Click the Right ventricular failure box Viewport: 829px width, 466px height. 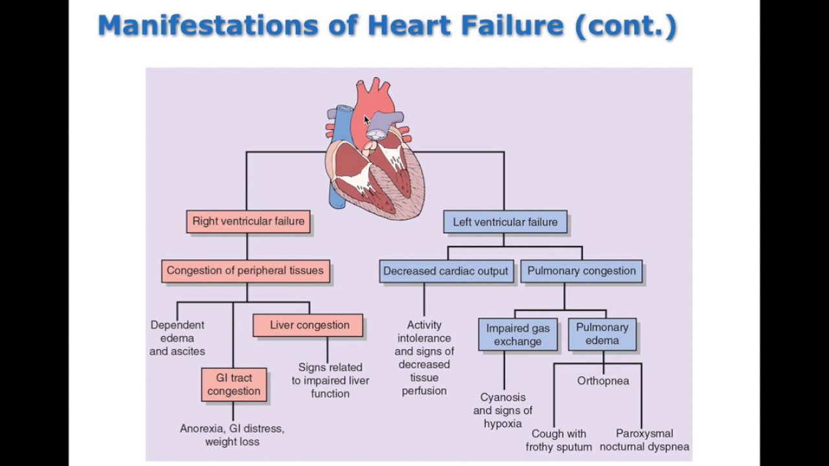pyautogui.click(x=248, y=221)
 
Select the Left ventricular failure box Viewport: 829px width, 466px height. pyautogui.click(x=505, y=222)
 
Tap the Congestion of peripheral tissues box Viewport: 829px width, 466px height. pyautogui.click(x=245, y=271)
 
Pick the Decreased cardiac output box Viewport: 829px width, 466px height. pyautogui.click(x=446, y=271)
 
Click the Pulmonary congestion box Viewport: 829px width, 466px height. pyautogui.click(x=582, y=271)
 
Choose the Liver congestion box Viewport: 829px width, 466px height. pyautogui.click(x=309, y=325)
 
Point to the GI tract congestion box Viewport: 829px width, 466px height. pyautogui.click(x=234, y=384)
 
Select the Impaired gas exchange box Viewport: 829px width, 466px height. pyautogui.click(x=517, y=335)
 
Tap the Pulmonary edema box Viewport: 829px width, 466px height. pyautogui.click(x=602, y=334)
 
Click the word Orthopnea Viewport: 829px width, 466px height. pyautogui.click(x=603, y=381)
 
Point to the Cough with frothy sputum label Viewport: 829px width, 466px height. pyautogui.click(x=559, y=440)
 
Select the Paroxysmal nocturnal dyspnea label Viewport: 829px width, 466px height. pyautogui.click(x=644, y=440)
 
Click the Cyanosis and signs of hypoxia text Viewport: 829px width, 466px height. pyautogui.click(x=503, y=410)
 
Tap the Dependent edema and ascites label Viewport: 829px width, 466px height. pyautogui.click(x=177, y=338)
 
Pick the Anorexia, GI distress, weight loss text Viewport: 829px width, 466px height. pyautogui.click(x=232, y=435)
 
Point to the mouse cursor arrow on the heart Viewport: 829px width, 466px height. pyautogui.click(x=367, y=120)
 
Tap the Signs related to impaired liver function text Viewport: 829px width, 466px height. pyautogui.click(x=330, y=381)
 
